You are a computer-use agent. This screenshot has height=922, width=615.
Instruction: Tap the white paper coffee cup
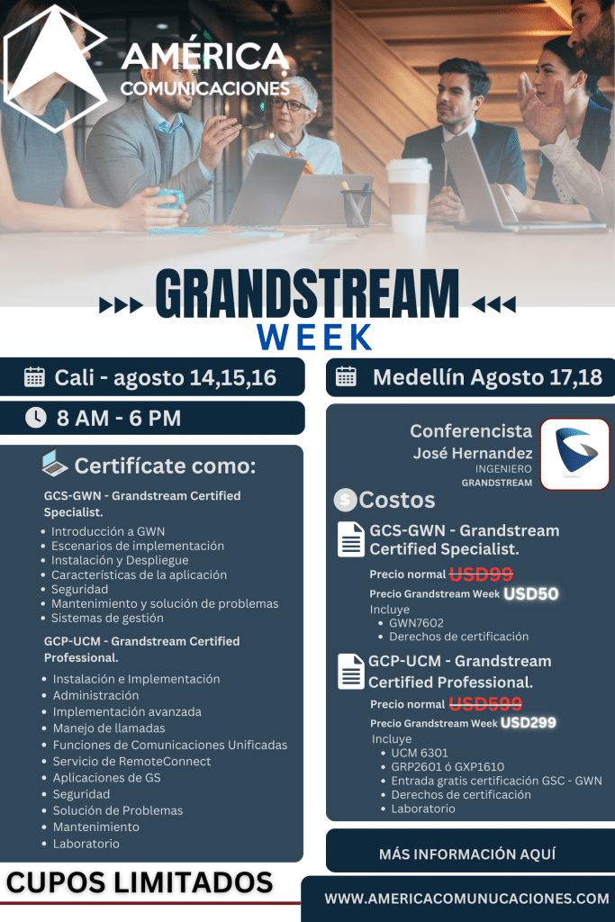(408, 194)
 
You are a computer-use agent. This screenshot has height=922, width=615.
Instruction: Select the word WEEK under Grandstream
(314, 337)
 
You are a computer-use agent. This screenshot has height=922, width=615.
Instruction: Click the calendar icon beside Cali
(34, 377)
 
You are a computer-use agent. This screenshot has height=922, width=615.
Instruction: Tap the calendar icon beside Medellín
(346, 377)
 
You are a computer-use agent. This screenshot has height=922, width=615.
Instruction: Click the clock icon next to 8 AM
(36, 418)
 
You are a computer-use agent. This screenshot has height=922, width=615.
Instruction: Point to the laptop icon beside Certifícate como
(54, 463)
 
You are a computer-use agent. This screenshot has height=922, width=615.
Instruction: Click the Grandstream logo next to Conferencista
(574, 454)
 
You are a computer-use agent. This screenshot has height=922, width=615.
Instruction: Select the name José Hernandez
(472, 453)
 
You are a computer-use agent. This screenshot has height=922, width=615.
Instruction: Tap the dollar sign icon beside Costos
(345, 500)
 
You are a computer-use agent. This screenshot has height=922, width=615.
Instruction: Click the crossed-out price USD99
(481, 574)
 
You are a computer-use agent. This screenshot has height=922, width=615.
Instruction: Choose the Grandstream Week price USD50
(531, 594)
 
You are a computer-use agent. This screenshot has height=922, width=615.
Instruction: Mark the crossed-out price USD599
(485, 703)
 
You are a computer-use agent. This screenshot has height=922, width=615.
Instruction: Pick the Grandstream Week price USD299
(528, 723)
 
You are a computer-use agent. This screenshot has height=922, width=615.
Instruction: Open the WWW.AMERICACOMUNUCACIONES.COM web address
(466, 899)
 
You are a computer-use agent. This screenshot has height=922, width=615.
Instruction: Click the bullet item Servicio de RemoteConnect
(131, 761)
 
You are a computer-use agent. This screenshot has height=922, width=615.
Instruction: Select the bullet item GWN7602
(416, 623)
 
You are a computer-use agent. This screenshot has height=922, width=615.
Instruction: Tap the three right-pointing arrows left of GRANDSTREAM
(121, 305)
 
